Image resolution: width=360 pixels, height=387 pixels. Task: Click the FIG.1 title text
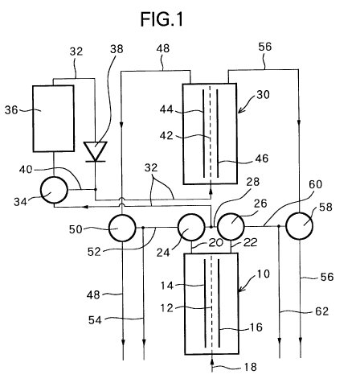click(x=162, y=19)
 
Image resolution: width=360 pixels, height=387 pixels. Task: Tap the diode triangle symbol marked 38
click(x=95, y=151)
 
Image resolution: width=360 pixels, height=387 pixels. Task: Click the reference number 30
click(x=263, y=95)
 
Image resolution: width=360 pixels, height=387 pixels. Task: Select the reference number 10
click(x=263, y=274)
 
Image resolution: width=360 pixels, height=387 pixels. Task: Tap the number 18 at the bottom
click(x=251, y=367)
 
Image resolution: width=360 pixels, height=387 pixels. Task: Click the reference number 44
click(x=166, y=109)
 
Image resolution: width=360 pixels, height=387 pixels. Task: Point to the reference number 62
click(x=321, y=311)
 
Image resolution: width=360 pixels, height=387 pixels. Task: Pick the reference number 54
click(x=95, y=320)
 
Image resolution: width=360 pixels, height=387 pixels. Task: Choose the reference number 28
click(x=253, y=182)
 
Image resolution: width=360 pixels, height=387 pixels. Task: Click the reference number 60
click(x=315, y=184)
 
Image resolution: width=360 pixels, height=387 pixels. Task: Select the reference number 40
click(x=26, y=170)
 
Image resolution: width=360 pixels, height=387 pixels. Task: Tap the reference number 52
click(x=94, y=252)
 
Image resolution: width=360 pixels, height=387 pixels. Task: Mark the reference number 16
click(x=256, y=327)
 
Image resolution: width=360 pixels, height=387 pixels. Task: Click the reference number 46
click(x=262, y=159)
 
